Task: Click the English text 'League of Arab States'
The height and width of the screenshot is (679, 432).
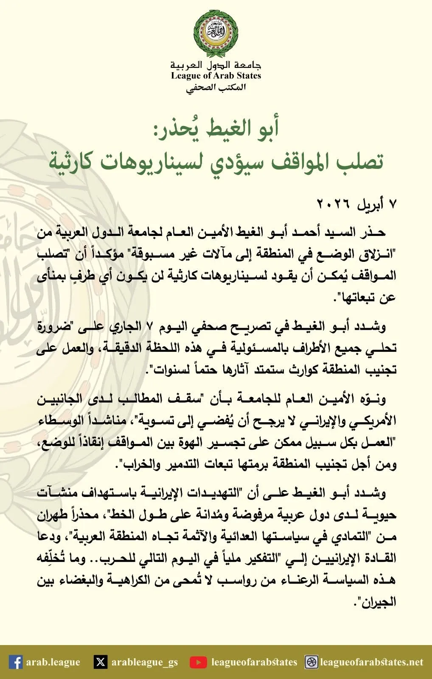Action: pyautogui.click(x=216, y=76)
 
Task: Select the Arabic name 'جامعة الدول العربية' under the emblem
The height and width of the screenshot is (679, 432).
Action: pyautogui.click(x=216, y=66)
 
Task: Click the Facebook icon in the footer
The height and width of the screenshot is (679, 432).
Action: pyautogui.click(x=16, y=662)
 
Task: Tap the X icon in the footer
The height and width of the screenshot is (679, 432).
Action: pyautogui.click(x=101, y=662)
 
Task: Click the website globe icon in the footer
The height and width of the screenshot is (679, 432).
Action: pyautogui.click(x=312, y=662)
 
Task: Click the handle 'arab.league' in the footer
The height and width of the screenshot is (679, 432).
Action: pyautogui.click(x=53, y=662)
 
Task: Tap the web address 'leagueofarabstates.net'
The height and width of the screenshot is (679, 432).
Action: pyautogui.click(x=372, y=662)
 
